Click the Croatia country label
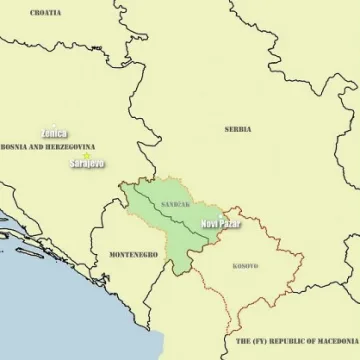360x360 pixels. (x=46, y=12)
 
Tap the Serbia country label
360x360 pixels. (x=238, y=129)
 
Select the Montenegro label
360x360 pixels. (x=133, y=255)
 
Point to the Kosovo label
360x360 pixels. (x=245, y=266)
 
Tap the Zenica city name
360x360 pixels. (x=54, y=133)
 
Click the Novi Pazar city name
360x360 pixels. (x=221, y=224)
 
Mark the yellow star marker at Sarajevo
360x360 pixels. (x=87, y=155)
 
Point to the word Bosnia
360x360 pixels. (x=13, y=147)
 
